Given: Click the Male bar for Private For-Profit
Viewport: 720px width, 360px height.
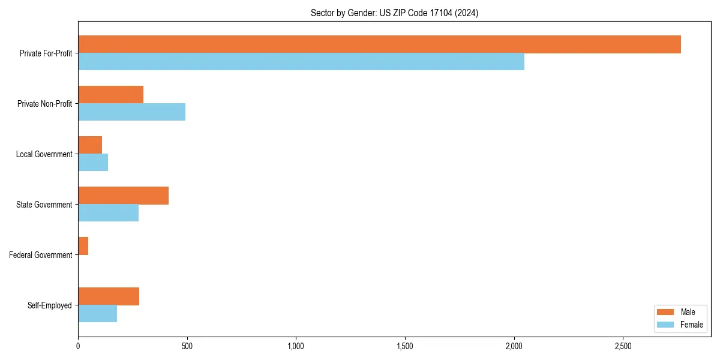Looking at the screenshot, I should tap(379, 44).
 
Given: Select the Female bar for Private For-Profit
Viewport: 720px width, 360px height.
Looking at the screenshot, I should tap(301, 62).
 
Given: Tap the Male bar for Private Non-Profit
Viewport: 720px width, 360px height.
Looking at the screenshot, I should tap(111, 95).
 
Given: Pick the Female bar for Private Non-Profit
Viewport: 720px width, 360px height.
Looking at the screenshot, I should tap(132, 112).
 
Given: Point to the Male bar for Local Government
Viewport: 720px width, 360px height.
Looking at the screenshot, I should tap(90, 145).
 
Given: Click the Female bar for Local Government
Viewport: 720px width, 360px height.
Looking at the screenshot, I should tap(93, 163).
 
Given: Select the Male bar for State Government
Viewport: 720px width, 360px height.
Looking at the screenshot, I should tap(124, 196).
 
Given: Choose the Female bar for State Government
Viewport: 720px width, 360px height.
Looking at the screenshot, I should tap(109, 213).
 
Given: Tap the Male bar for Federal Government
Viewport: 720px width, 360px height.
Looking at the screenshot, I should tap(83, 246).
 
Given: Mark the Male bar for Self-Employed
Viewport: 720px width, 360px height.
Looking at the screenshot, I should tap(109, 296).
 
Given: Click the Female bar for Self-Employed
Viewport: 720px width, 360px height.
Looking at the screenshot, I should tap(98, 314).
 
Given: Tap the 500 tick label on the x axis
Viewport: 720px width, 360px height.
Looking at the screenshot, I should tap(187, 346).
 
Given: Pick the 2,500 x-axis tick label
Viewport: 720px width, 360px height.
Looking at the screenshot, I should tap(623, 346).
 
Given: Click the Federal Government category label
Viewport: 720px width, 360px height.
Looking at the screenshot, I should tap(41, 255).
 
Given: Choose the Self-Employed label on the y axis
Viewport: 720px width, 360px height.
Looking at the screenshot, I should tap(50, 305).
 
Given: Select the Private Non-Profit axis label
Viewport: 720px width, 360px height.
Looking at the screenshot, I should tap(44, 104).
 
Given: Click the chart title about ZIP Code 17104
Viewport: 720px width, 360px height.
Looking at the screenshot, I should tap(394, 13).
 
